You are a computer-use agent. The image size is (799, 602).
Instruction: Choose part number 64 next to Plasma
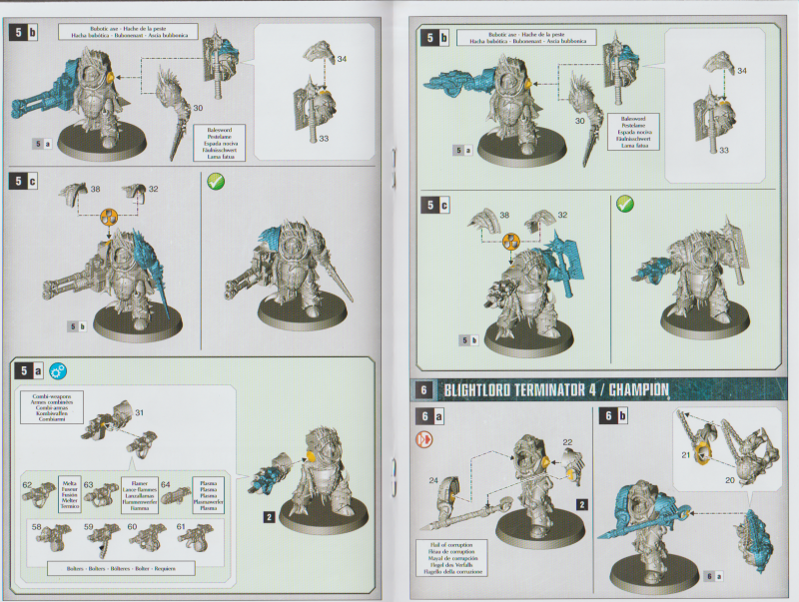[166, 486]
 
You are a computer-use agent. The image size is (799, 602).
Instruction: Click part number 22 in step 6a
[566, 441]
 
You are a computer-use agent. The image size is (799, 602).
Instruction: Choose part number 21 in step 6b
[686, 454]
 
